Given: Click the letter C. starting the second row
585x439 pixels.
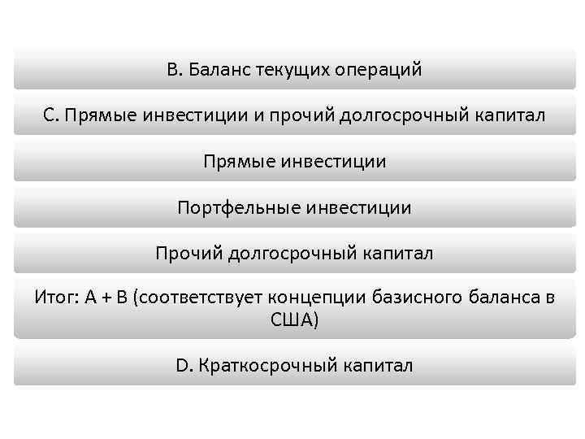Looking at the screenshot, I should [x=51, y=115].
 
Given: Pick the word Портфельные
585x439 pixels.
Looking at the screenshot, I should [x=240, y=208].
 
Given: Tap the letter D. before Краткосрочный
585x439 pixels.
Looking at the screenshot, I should [x=182, y=366].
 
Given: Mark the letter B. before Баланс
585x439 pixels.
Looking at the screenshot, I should [x=174, y=70].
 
